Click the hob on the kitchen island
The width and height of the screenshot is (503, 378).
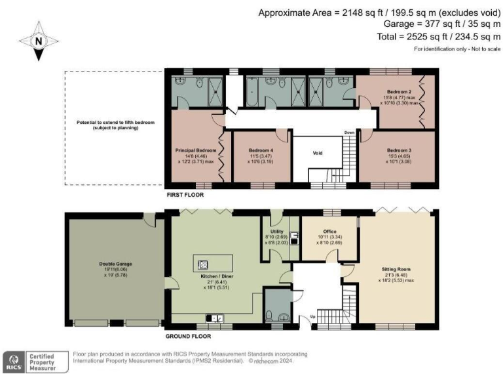(203, 265)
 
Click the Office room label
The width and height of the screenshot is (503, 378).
(329, 231)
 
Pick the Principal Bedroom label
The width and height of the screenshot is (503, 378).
(196, 150)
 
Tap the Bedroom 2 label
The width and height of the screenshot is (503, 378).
(398, 91)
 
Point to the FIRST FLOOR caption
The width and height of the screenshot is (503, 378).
(185, 195)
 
